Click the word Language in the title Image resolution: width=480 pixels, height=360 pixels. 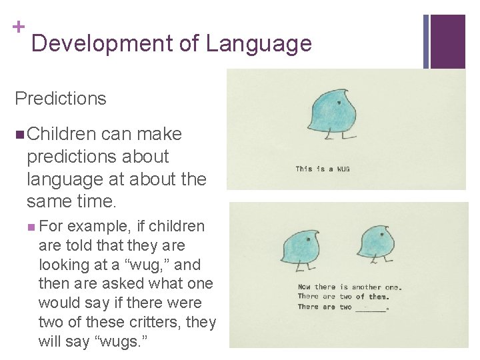click(x=259, y=44)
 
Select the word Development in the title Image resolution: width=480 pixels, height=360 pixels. click(x=102, y=44)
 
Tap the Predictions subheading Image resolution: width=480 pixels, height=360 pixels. click(x=61, y=99)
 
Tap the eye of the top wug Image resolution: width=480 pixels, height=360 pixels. click(x=339, y=102)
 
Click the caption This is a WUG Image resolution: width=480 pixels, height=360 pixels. click(x=323, y=169)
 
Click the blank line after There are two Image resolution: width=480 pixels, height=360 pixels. click(x=371, y=309)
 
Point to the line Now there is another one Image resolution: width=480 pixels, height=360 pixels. click(x=349, y=287)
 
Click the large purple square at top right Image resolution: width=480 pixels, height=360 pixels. click(x=447, y=41)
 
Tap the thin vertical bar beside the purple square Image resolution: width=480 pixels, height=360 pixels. click(x=426, y=41)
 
